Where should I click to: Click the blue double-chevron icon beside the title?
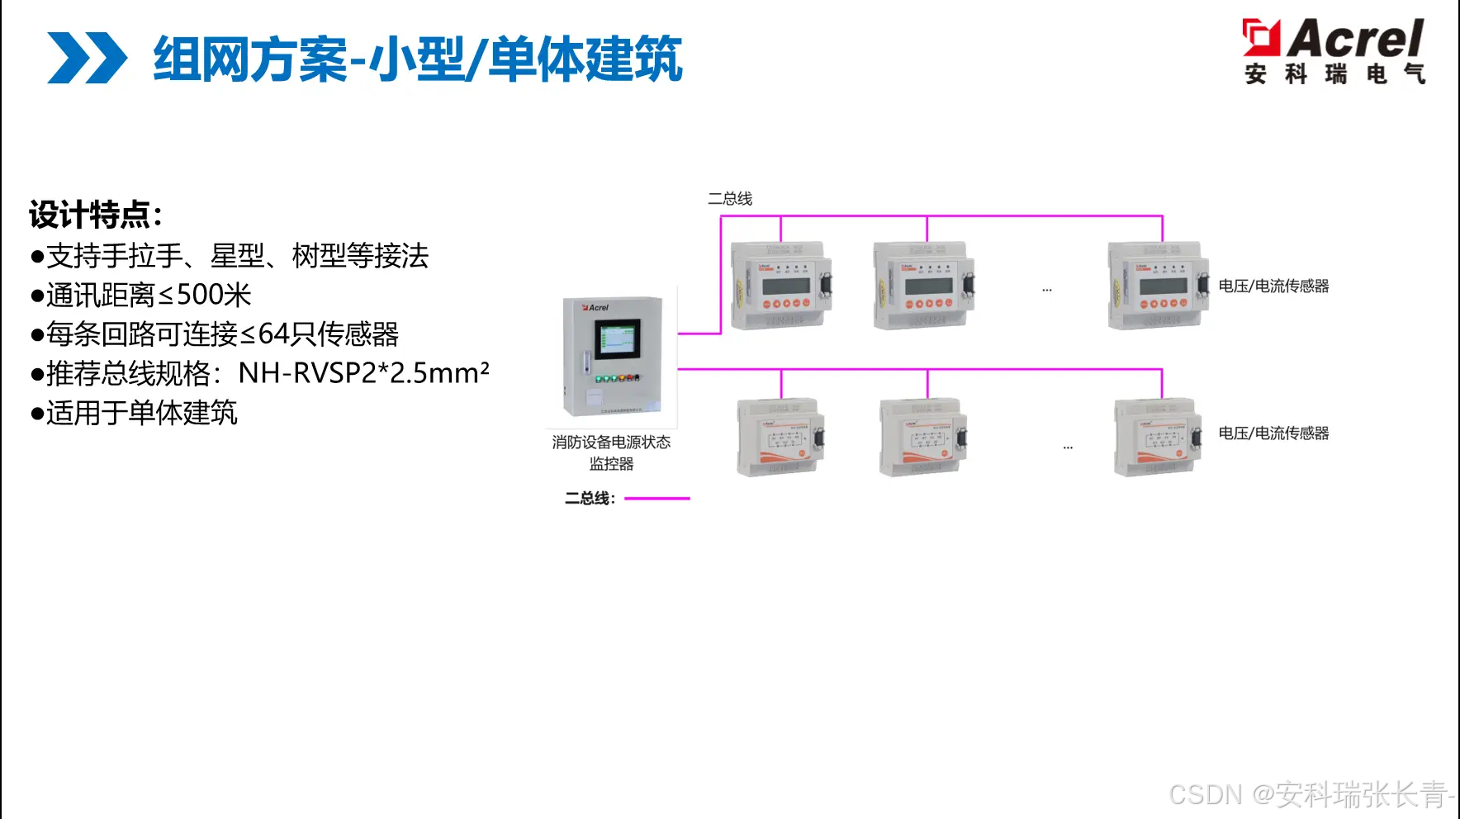[x=87, y=58]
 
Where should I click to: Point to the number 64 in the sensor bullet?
[x=274, y=334]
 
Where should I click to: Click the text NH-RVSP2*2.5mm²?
[x=363, y=373]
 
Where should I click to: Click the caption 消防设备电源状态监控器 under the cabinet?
[x=611, y=452]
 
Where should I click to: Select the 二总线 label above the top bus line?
[x=730, y=199]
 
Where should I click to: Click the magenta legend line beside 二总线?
[x=657, y=499]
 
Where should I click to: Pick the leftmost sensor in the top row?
[x=780, y=286]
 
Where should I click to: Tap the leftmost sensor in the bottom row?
[x=780, y=438]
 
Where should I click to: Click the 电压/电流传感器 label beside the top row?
[x=1273, y=286]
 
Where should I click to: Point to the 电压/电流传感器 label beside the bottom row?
[x=1273, y=433]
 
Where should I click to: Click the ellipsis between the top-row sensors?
[x=1047, y=290]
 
